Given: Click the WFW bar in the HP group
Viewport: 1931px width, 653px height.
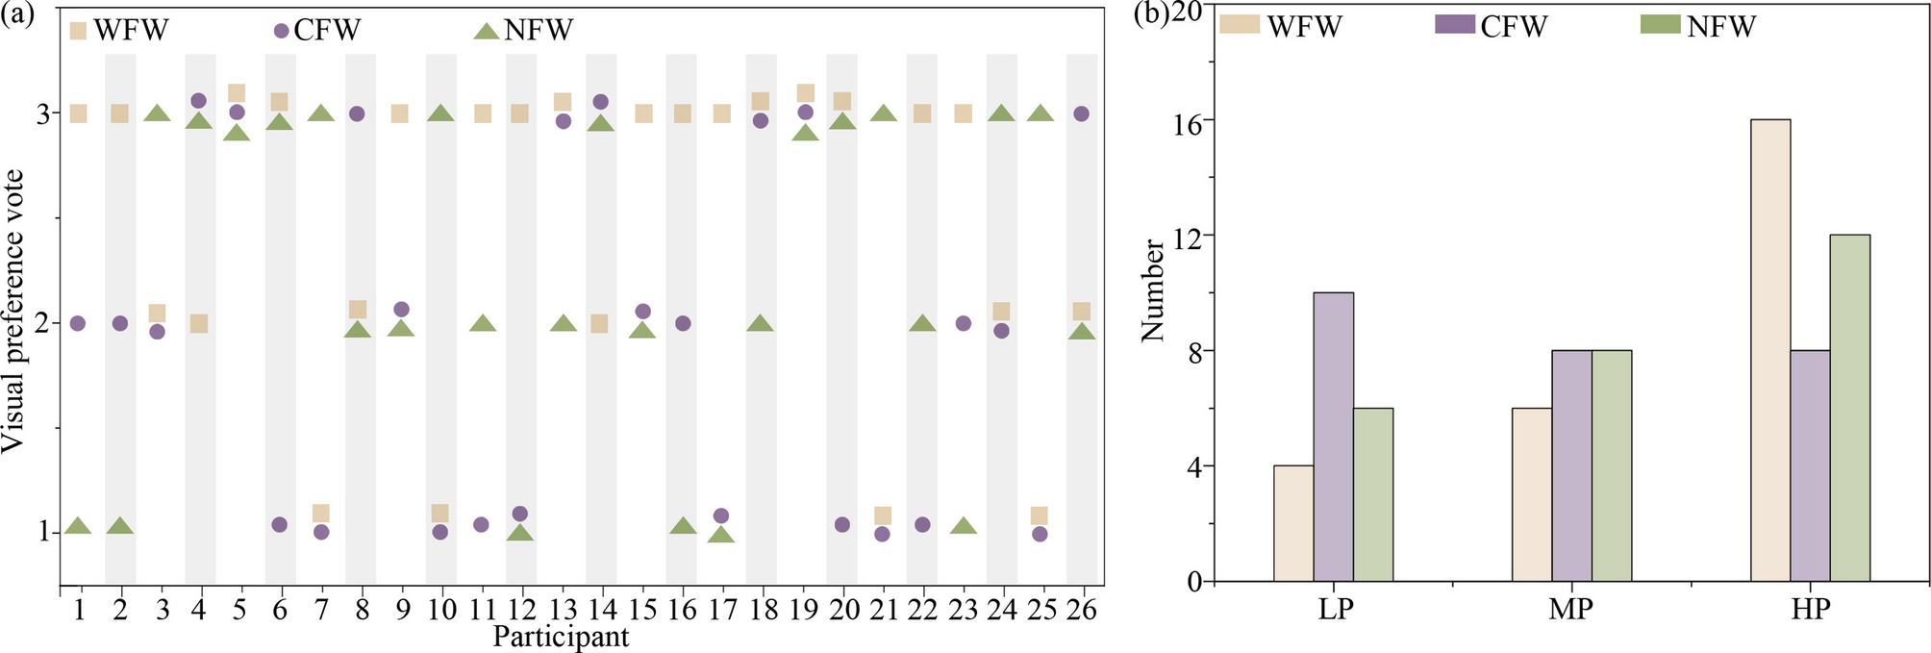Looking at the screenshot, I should tap(1769, 351).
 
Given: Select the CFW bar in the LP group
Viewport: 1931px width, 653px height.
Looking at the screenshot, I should tap(1333, 438).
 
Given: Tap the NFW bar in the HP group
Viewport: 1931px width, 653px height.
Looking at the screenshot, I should tap(1849, 409).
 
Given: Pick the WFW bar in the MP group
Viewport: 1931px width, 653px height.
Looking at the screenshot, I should tap(1531, 495).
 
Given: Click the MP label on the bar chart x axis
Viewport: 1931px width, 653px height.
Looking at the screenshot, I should tap(1570, 609).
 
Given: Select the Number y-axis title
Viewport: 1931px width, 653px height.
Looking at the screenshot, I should tap(1152, 290).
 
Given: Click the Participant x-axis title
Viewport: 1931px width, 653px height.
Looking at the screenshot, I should tap(561, 637).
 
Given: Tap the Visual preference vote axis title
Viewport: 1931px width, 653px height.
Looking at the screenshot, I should tap(13, 311).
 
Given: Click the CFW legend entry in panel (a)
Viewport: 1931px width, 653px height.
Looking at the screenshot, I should tap(317, 31).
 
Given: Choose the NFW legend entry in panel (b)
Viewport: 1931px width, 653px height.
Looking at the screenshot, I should tap(1700, 26).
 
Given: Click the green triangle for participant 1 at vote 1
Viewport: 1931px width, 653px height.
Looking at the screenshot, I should tap(79, 526).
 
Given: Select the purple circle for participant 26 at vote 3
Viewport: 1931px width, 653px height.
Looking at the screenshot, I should tap(1081, 113).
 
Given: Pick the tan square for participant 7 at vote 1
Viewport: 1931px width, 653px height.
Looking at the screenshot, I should tap(321, 514).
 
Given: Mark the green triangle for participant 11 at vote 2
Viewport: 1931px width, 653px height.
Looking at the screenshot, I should tap(483, 323).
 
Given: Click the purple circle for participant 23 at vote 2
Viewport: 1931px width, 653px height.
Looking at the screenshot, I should tap(964, 323).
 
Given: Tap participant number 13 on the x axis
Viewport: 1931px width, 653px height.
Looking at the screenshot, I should tap(564, 610).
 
